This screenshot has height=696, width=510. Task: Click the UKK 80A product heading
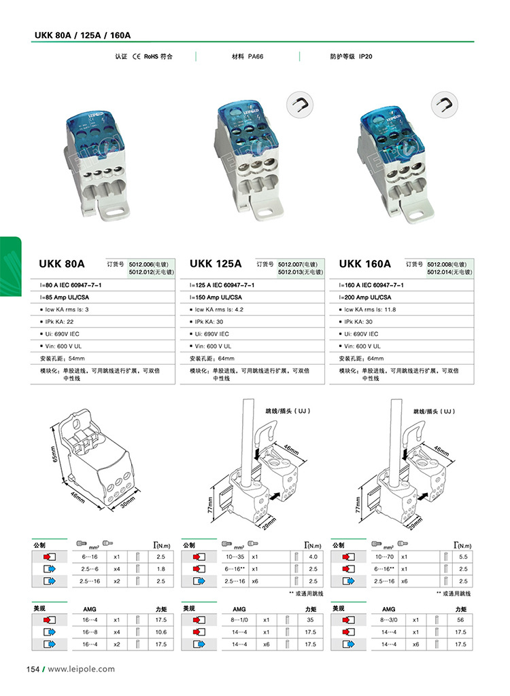click(x=62, y=263)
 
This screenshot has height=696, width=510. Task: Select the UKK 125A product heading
click(x=216, y=263)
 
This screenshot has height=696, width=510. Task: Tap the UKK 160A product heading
click(x=365, y=263)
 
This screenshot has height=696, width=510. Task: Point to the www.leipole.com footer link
click(x=81, y=669)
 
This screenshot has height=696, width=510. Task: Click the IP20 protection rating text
click(x=365, y=56)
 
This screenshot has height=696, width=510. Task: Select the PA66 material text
click(x=256, y=56)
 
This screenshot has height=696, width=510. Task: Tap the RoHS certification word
click(x=150, y=56)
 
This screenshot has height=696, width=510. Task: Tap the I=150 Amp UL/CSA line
click(x=216, y=297)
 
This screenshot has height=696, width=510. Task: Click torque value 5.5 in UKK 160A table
click(x=462, y=556)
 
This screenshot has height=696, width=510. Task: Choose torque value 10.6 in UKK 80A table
click(x=160, y=631)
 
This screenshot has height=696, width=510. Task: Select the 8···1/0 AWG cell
click(x=238, y=620)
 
